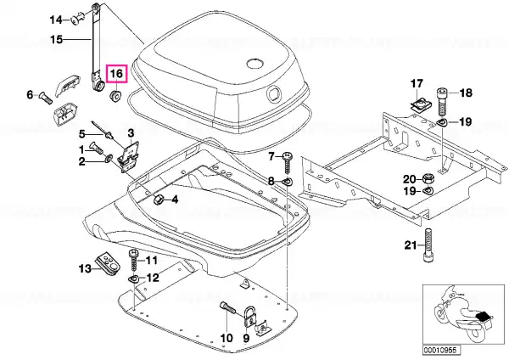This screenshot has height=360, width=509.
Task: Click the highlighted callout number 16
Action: click(116, 73)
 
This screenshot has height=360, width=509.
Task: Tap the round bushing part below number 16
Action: click(115, 96)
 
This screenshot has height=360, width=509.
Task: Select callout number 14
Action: click(55, 20)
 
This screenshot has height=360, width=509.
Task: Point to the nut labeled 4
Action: click(158, 199)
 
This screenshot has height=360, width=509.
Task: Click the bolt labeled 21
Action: click(428, 245)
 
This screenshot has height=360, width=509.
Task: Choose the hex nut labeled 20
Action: click(428, 178)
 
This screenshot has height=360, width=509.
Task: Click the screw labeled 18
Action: click(443, 101)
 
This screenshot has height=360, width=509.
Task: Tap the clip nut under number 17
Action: click(419, 105)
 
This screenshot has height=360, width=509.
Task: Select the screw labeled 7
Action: click(288, 164)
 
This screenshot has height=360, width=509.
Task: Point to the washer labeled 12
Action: click(133, 279)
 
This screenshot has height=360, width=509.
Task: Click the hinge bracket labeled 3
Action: click(130, 156)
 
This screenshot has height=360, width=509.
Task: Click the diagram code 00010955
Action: click(441, 350)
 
